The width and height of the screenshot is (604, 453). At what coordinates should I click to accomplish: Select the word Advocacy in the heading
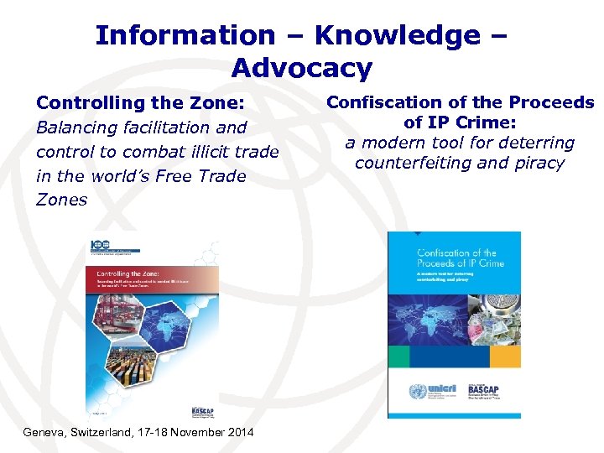[302, 67]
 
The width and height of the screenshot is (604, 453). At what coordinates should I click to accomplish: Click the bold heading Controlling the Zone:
[140, 103]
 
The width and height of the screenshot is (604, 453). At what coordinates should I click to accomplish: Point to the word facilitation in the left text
[180, 128]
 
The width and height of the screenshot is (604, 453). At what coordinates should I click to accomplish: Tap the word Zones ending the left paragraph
[61, 200]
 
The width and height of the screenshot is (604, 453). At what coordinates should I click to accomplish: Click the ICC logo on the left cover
[99, 247]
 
